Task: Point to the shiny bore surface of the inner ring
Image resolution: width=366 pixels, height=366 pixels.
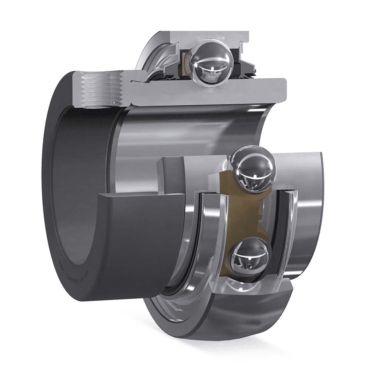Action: pos(189,128)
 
